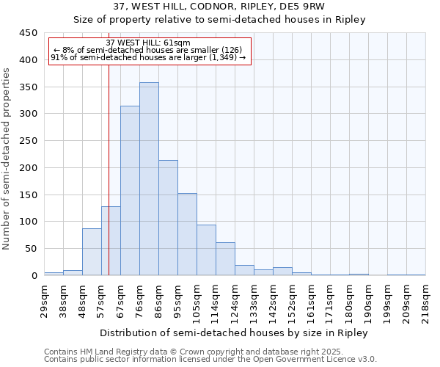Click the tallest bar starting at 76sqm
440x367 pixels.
149,179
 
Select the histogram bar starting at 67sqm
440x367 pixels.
130,191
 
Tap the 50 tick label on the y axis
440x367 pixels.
31,249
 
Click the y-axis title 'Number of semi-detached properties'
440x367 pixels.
7,158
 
